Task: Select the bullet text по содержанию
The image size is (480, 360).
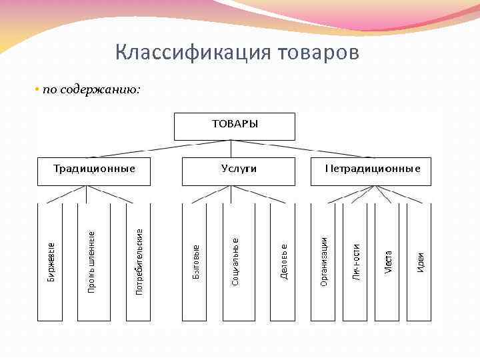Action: point(91,89)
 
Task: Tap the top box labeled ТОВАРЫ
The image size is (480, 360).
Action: point(234,126)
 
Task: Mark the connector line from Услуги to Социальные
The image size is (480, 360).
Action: point(233,194)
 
